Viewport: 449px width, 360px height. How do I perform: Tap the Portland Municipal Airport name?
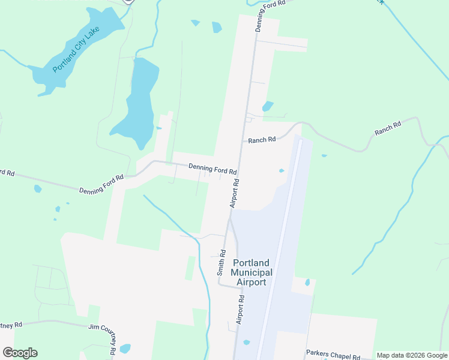[252, 272]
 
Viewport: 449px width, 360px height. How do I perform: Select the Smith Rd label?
[221, 262]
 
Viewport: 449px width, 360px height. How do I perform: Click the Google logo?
[20, 353]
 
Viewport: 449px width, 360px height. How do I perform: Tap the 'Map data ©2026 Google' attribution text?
[412, 355]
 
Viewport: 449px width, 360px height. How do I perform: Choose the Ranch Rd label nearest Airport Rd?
[262, 140]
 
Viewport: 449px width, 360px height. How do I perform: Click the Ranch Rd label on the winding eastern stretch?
[387, 128]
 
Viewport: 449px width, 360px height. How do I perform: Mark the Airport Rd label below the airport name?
[240, 310]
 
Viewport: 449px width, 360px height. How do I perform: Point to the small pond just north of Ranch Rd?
[268, 106]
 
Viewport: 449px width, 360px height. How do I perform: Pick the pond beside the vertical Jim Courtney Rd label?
[125, 349]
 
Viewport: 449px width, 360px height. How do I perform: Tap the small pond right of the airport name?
[307, 283]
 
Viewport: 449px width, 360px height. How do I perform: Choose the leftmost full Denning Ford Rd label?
[101, 184]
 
